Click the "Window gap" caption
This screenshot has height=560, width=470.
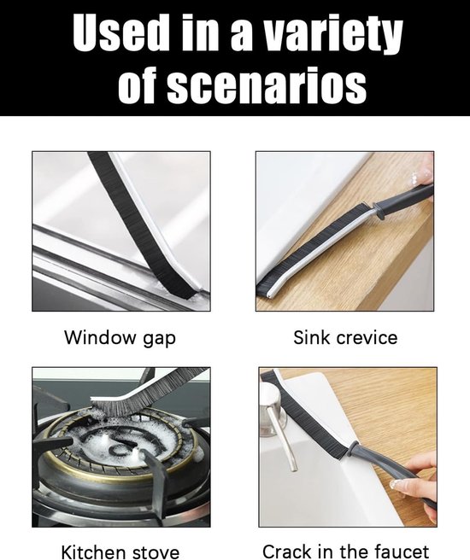tap(120, 338)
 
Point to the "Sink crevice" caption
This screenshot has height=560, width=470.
tap(345, 337)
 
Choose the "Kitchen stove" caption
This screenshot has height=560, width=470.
tap(120, 551)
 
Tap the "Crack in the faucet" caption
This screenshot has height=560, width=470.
tap(345, 551)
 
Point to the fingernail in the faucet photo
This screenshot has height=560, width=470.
tap(396, 485)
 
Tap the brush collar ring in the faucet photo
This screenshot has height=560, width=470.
tap(353, 448)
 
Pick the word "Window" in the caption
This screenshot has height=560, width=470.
tap(101, 337)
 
